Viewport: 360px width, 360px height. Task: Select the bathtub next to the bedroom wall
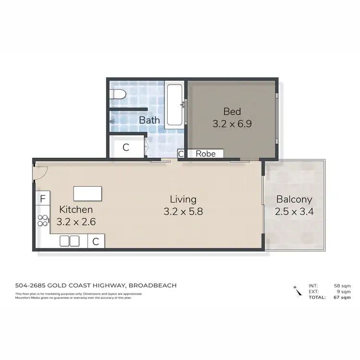click(x=174, y=106)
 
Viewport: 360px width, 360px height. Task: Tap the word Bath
click(x=149, y=120)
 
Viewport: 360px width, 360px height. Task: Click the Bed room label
click(x=232, y=111)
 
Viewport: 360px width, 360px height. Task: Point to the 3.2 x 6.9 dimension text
click(x=232, y=123)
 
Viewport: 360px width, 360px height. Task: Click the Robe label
click(x=205, y=154)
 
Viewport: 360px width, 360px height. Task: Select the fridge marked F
click(x=43, y=198)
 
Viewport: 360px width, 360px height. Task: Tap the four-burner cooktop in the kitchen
click(x=43, y=220)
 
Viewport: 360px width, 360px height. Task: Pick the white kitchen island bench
click(x=88, y=193)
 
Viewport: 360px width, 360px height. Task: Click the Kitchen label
click(x=76, y=210)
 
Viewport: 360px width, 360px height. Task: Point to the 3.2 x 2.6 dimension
click(x=76, y=222)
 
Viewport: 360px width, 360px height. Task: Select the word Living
click(x=183, y=199)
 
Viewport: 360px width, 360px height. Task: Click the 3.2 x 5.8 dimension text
click(x=183, y=211)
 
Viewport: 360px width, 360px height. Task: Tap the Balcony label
click(x=294, y=200)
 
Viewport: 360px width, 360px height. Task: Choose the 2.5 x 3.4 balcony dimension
click(x=294, y=212)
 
